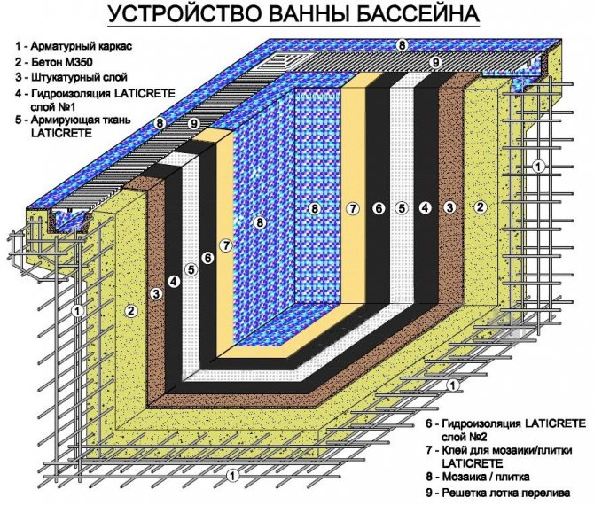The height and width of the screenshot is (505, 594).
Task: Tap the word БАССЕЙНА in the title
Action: pyautogui.click(x=424, y=15)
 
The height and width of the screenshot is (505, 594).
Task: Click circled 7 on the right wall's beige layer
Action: pyautogui.click(x=352, y=208)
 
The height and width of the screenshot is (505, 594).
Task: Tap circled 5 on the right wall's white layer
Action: pyautogui.click(x=401, y=208)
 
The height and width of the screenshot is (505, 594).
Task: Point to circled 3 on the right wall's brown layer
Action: pyautogui.click(x=449, y=208)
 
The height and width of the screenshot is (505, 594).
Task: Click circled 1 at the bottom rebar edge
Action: pyautogui.click(x=232, y=476)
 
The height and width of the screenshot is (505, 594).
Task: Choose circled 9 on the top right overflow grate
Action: pyautogui.click(x=435, y=62)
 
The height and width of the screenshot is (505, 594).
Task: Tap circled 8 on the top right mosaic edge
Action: pyautogui.click(x=402, y=44)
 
